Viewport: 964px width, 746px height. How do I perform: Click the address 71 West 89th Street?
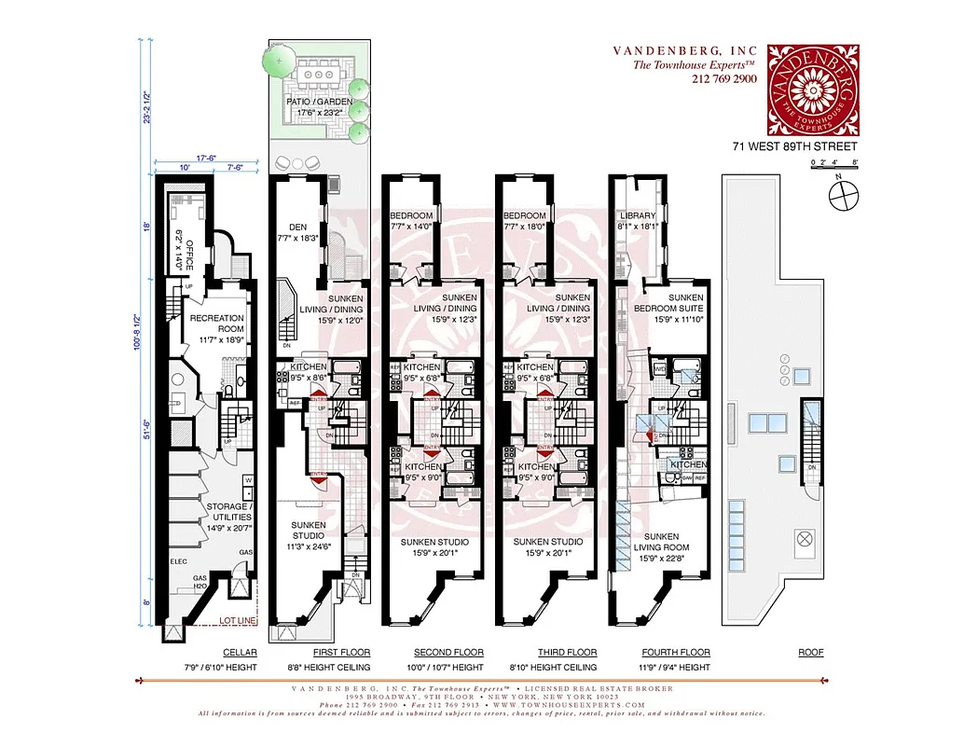(793, 146)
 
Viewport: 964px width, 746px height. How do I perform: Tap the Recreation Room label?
(216, 324)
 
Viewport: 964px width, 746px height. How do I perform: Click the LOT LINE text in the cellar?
(236, 620)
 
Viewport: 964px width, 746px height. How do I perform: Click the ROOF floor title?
(811, 653)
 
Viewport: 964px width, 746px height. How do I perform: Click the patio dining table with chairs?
(319, 69)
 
